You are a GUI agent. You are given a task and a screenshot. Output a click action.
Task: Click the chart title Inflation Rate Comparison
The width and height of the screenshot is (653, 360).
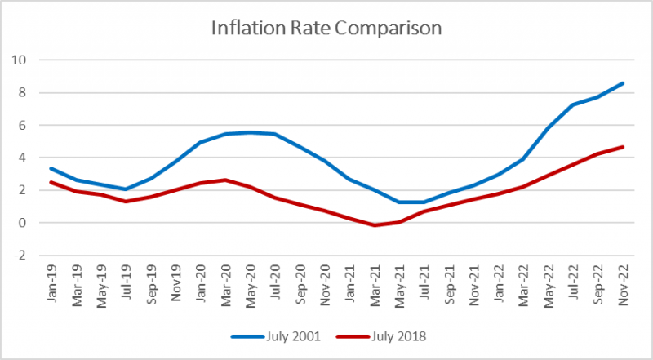click(326, 29)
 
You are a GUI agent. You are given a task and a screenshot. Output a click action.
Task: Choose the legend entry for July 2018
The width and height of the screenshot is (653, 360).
click(377, 336)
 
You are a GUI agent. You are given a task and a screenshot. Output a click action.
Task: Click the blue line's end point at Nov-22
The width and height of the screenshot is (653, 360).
click(624, 83)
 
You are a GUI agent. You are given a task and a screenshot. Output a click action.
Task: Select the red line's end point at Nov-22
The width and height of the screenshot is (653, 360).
click(624, 147)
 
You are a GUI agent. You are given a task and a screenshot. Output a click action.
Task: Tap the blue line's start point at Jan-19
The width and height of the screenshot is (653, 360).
click(51, 168)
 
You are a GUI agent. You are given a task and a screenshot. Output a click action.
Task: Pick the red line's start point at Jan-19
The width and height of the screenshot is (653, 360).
click(51, 182)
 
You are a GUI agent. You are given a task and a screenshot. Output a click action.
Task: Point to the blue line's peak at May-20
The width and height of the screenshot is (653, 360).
click(251, 132)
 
